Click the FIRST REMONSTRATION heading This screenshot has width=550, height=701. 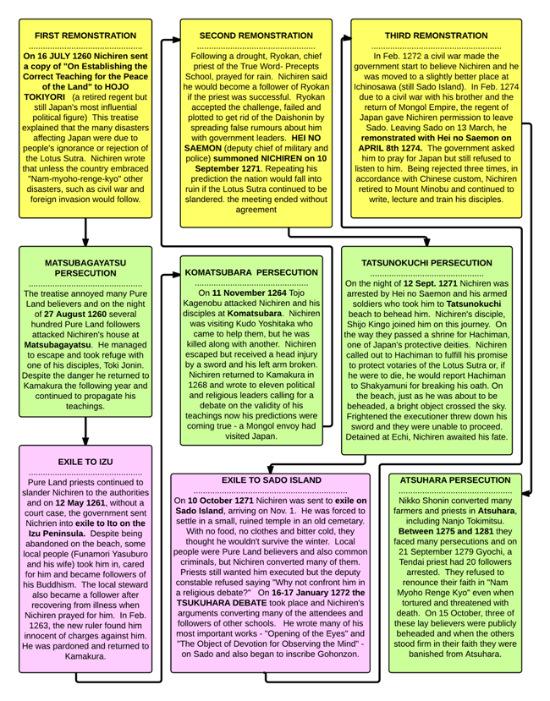85,36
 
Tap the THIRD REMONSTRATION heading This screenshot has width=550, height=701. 435,36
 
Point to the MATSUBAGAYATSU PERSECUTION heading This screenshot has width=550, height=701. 85,269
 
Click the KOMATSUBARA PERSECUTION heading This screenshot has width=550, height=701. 250,272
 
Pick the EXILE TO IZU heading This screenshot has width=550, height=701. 85,462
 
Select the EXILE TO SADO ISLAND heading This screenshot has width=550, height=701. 271,479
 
